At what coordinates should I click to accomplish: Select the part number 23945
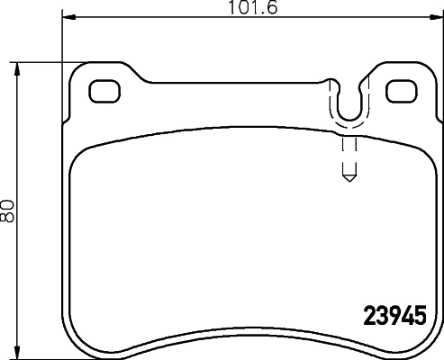(x=394, y=318)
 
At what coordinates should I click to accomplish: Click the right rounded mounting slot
(x=399, y=90)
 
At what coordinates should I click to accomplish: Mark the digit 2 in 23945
(x=368, y=318)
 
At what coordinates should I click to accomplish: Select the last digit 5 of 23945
(x=419, y=318)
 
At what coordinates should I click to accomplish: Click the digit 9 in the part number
(x=394, y=318)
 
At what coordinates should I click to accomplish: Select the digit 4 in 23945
(x=406, y=318)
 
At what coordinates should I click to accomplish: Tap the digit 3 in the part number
(x=381, y=318)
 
